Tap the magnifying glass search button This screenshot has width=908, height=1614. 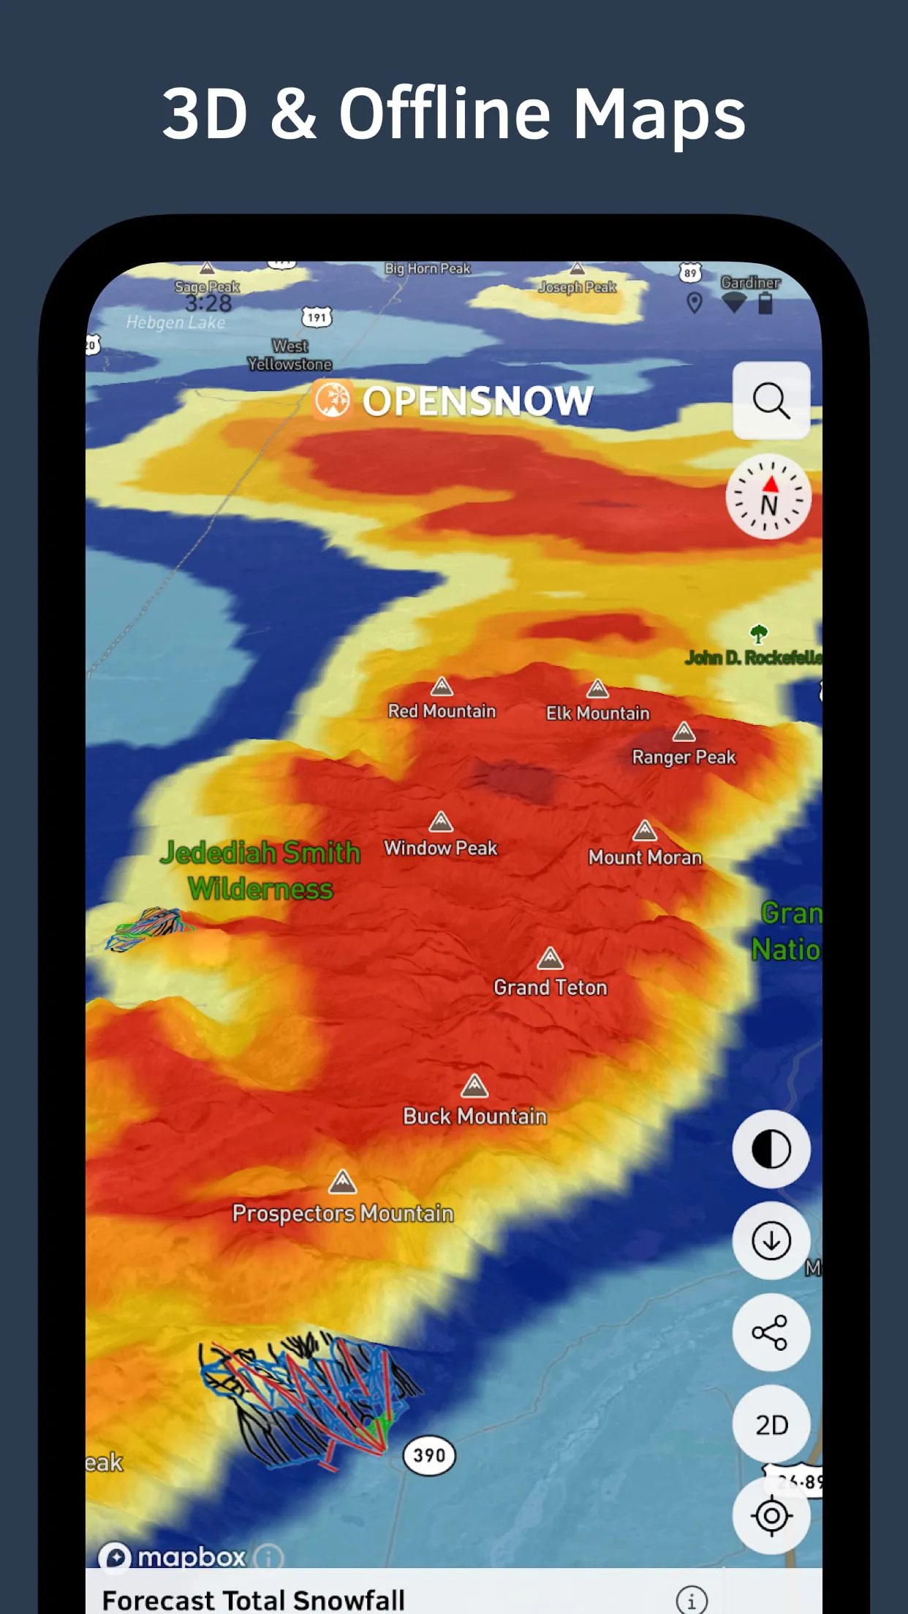[x=771, y=401]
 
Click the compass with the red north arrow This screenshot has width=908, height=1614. [x=768, y=496]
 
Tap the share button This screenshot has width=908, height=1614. [x=771, y=1332]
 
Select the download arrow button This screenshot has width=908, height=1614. [x=771, y=1240]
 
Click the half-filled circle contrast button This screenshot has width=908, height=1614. [x=771, y=1149]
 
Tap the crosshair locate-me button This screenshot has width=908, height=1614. [x=771, y=1515]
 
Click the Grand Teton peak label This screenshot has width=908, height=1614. [x=551, y=988]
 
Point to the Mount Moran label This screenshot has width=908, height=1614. [x=645, y=857]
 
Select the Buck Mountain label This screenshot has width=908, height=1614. [x=475, y=1116]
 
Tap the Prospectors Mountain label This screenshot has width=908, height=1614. [x=343, y=1213]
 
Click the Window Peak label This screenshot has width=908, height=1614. [x=441, y=848]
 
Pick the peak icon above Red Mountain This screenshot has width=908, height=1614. [x=442, y=686]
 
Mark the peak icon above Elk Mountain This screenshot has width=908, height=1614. [x=597, y=689]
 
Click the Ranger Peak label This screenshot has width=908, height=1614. [x=684, y=757]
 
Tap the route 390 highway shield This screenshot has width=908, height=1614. [x=429, y=1455]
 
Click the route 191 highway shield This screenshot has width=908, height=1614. [x=317, y=317]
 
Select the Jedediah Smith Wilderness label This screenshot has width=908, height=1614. [x=260, y=871]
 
